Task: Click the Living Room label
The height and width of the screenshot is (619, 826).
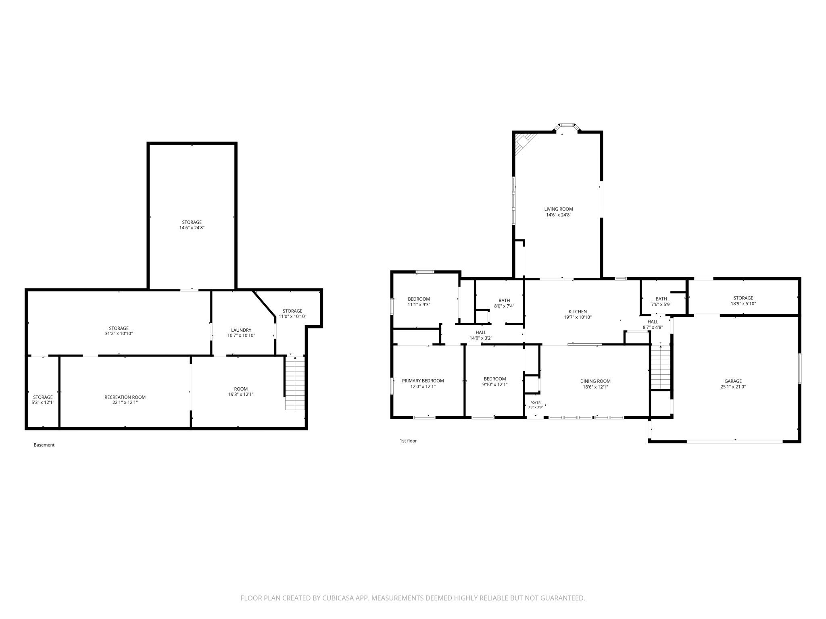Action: pyautogui.click(x=559, y=209)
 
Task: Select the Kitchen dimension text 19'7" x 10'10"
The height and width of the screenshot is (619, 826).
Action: pyautogui.click(x=578, y=317)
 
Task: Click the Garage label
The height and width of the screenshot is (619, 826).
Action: pyautogui.click(x=733, y=381)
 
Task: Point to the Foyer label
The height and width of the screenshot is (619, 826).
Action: pyautogui.click(x=535, y=403)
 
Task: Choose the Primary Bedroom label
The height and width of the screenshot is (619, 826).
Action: pyautogui.click(x=423, y=381)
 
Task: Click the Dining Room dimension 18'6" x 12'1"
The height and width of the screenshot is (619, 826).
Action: pyautogui.click(x=595, y=387)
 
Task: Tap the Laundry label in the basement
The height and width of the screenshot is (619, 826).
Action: pyautogui.click(x=241, y=330)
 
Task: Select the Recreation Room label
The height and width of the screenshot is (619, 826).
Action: pyautogui.click(x=125, y=397)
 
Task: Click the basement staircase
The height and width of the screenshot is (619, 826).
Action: pyautogui.click(x=295, y=384)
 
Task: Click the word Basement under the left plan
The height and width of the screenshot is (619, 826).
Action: pyautogui.click(x=44, y=445)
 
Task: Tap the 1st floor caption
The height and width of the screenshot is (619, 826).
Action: pyautogui.click(x=408, y=441)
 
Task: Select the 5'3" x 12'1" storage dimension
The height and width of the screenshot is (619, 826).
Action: pyautogui.click(x=43, y=403)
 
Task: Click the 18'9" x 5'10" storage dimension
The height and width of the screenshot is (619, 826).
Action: pyautogui.click(x=743, y=304)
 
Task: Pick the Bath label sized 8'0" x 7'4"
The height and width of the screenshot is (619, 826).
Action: pyautogui.click(x=504, y=300)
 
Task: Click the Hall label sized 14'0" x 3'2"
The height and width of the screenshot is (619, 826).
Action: pyautogui.click(x=481, y=332)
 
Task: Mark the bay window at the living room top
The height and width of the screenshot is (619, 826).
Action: pyautogui.click(x=567, y=126)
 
